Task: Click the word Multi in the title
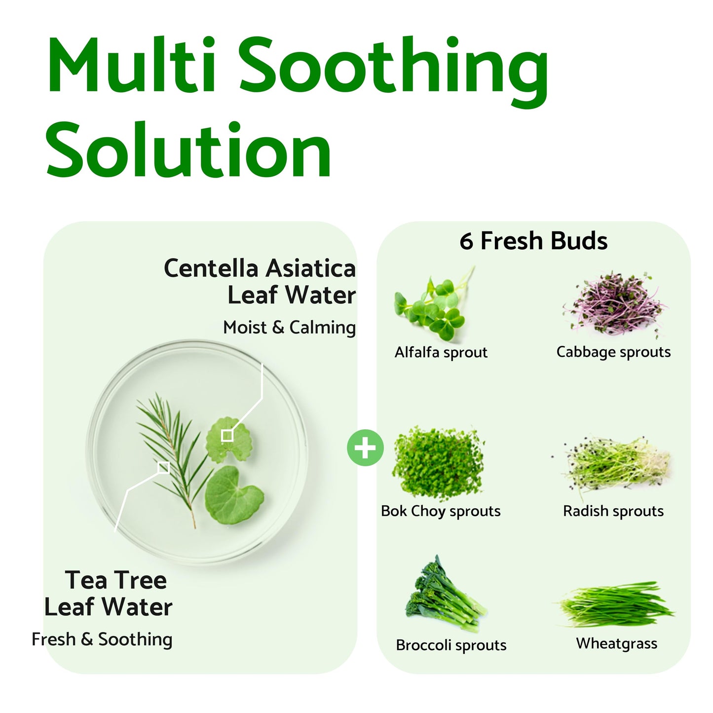coord(131,65)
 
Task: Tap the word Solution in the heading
coord(188,150)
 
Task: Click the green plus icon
coord(365,448)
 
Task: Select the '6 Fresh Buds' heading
coord(533,241)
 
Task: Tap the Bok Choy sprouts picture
coord(438,463)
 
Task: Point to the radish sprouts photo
coord(616,462)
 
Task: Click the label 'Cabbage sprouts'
coord(613,352)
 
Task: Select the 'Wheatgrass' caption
coord(616,643)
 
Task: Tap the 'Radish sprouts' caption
coord(613,511)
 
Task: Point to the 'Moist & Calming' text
coord(289,328)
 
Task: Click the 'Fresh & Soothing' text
coord(102,639)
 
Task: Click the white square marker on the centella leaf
coord(227,436)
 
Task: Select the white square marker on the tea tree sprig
coord(164,468)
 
